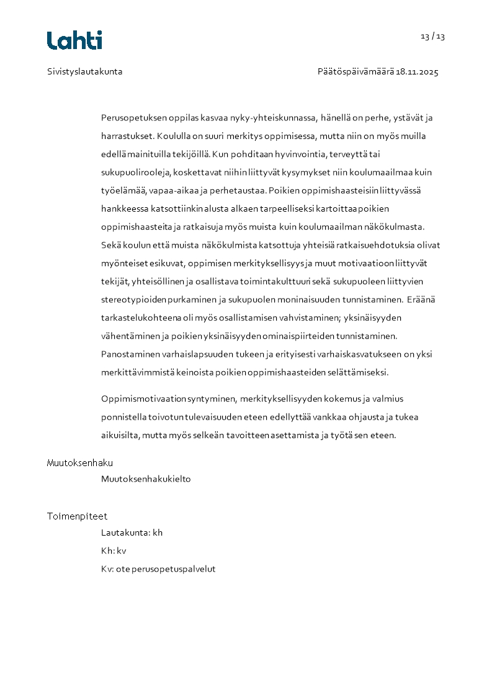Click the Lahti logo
74,40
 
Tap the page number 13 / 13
432,36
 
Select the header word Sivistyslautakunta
85,71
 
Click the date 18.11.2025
417,71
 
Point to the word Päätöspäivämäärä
356,71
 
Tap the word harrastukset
127,136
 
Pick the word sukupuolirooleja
136,172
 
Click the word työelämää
123,190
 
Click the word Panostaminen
130,354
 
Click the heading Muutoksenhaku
80,462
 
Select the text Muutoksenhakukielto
146,479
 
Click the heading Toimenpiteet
77,516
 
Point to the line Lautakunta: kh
132,533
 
